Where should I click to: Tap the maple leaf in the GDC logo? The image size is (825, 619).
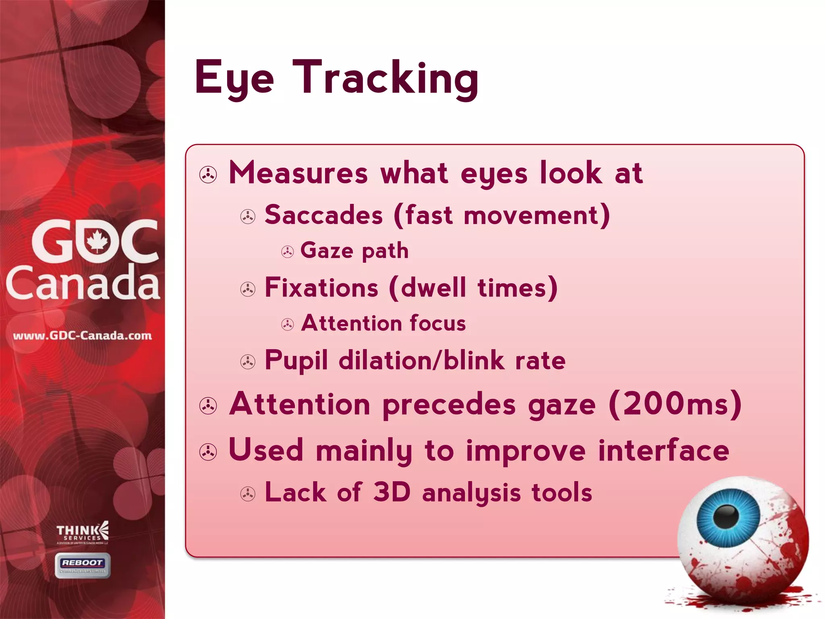click(x=97, y=241)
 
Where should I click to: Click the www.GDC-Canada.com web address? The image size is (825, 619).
click(x=83, y=336)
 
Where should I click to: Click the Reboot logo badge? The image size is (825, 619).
click(x=83, y=565)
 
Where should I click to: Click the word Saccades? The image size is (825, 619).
click(x=323, y=215)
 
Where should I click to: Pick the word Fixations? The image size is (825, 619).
click(x=321, y=288)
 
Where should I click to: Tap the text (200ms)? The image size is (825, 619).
click(x=675, y=404)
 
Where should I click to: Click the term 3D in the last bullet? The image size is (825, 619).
click(x=392, y=492)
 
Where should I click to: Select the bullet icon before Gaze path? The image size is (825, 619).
click(x=287, y=252)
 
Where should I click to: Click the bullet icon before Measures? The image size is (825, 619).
click(x=208, y=175)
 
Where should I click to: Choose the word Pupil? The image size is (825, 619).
click(x=296, y=360)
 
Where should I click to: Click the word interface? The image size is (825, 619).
click(x=663, y=451)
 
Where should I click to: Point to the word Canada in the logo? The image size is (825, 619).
click(x=83, y=283)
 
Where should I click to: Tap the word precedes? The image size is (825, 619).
click(x=449, y=405)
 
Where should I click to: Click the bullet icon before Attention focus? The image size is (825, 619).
click(x=287, y=324)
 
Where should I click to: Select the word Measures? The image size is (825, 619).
click(x=298, y=173)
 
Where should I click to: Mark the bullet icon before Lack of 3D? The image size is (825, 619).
click(x=248, y=494)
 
